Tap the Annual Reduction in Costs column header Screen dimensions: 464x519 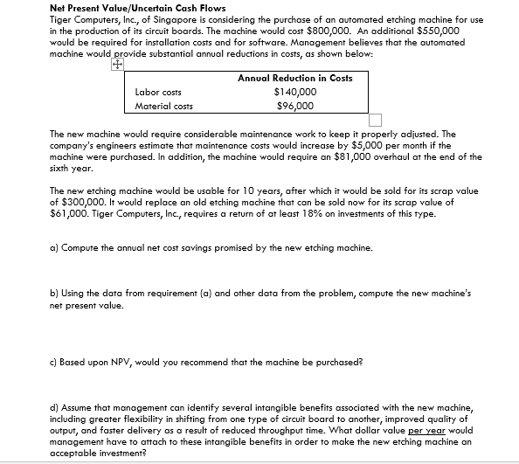point(294,78)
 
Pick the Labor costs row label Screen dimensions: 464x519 point(158,92)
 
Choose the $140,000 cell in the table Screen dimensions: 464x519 point(294,92)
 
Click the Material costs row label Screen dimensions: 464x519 point(163,107)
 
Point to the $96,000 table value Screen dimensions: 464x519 point(294,107)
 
